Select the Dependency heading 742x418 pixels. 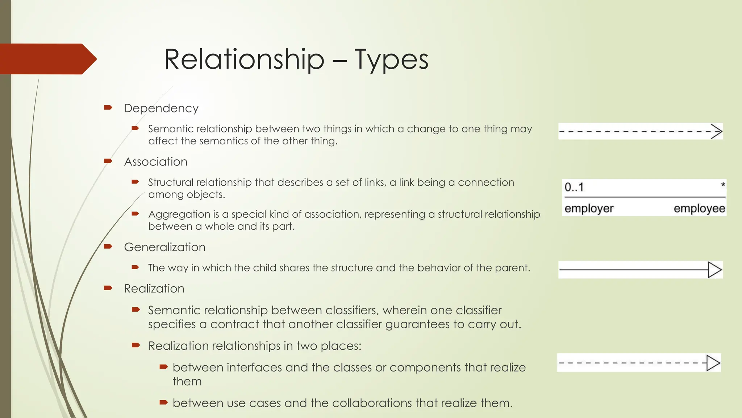[161, 108]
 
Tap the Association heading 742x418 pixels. [156, 161]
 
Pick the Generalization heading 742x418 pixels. [164, 247]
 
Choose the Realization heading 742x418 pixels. [154, 288]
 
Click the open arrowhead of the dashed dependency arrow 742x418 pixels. [717, 131]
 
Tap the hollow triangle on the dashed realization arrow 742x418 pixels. [713, 363]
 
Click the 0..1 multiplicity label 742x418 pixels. [574, 187]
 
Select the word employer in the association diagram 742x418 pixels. [589, 208]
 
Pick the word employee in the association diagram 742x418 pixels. [699, 208]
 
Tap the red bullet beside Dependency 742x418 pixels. [108, 107]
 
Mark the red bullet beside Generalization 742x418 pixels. [108, 247]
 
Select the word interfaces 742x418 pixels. [254, 367]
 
